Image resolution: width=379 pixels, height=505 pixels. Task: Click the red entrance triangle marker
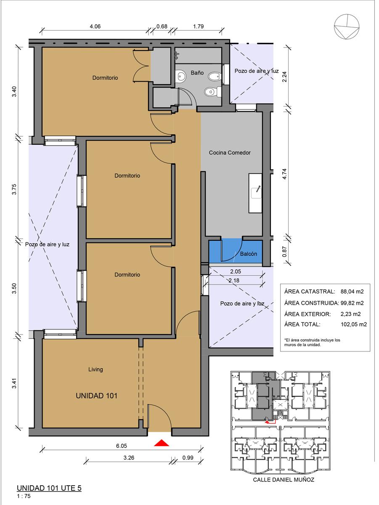click(162, 443)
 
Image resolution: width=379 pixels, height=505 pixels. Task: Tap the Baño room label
click(197, 73)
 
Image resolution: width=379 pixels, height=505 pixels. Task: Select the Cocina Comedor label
click(230, 152)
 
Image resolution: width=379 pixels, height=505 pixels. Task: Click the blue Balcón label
click(248, 254)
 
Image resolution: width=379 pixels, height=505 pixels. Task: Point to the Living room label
click(95, 369)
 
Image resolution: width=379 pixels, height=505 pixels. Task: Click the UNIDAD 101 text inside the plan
click(96, 396)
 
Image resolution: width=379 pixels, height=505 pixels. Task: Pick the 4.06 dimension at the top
click(95, 27)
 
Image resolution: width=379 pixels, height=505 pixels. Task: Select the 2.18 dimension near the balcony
click(234, 280)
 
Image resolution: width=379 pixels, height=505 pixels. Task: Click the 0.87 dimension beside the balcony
click(284, 252)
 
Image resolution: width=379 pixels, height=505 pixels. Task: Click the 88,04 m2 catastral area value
click(352, 292)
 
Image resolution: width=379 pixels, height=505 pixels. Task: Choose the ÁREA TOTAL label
click(302, 324)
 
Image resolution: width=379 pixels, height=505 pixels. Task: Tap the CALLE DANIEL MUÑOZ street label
click(284, 480)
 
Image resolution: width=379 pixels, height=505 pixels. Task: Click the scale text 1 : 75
click(24, 496)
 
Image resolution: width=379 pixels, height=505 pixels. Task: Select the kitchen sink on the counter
click(256, 193)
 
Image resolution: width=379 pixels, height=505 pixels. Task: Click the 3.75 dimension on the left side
click(14, 189)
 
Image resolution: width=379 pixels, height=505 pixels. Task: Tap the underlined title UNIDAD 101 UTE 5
click(49, 488)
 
